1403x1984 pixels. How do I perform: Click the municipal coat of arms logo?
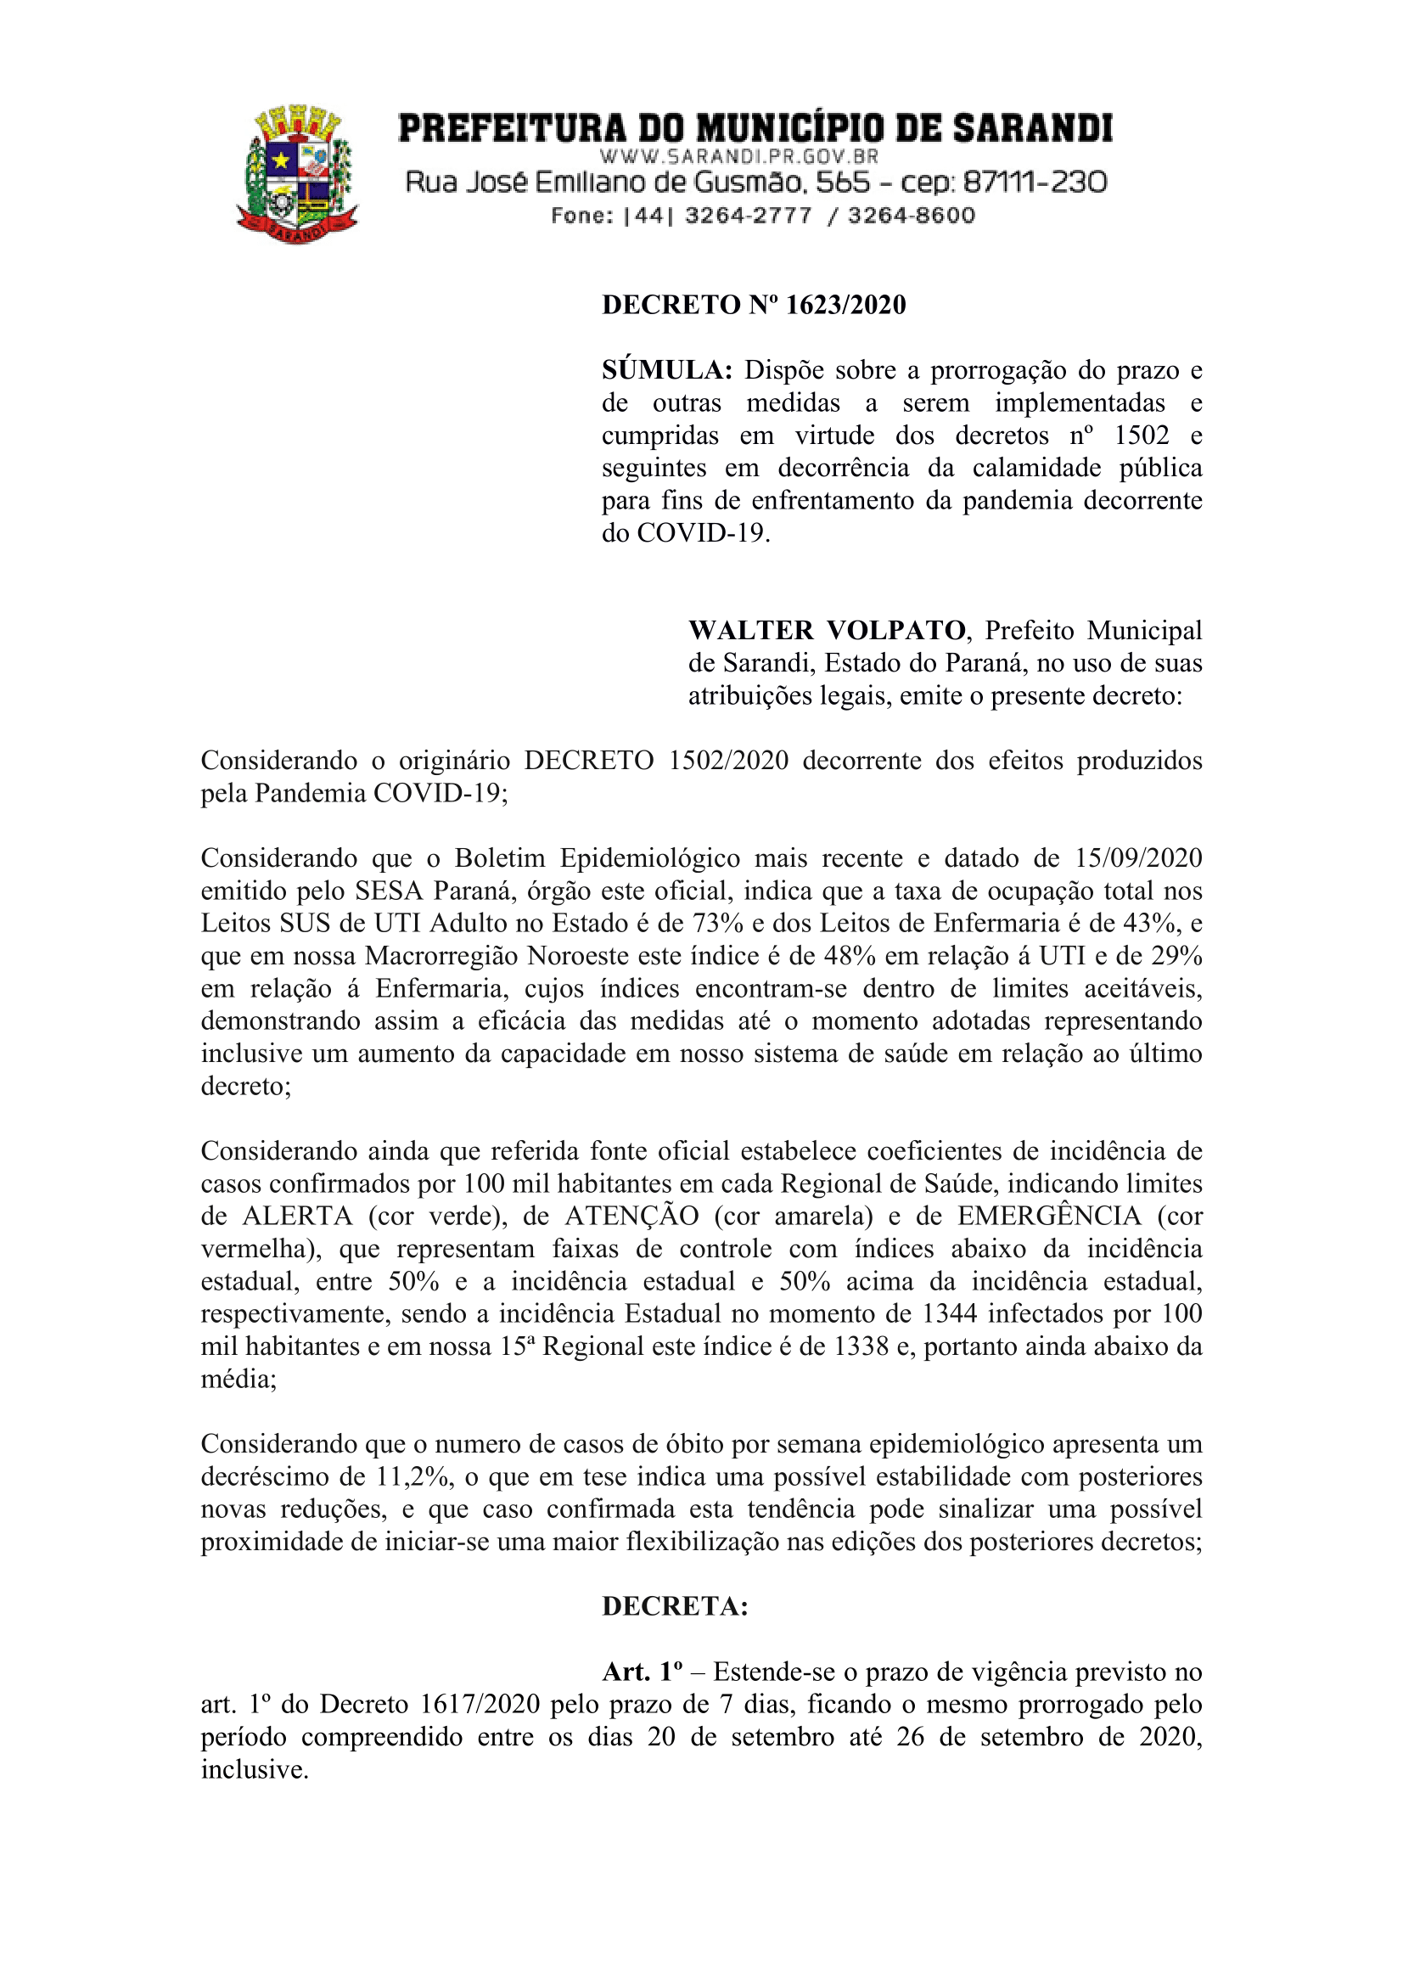click(x=298, y=174)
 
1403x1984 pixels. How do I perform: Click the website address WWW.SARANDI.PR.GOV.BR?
click(x=738, y=157)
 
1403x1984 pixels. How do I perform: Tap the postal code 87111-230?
click(x=1034, y=183)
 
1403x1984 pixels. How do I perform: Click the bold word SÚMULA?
click(x=667, y=371)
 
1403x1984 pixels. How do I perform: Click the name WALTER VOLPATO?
click(x=827, y=630)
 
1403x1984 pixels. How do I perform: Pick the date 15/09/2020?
click(x=1138, y=858)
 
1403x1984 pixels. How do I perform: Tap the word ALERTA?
click(x=298, y=1216)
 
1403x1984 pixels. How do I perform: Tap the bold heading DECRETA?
click(x=675, y=1606)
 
